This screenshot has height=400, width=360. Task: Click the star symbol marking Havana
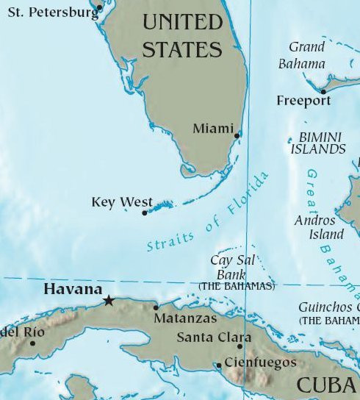point(109,300)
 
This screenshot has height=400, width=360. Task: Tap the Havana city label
point(73,289)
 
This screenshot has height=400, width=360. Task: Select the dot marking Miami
point(237,135)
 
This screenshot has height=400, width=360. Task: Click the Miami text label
point(212,129)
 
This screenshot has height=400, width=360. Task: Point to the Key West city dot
point(145,213)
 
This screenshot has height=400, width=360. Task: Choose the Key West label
point(122,202)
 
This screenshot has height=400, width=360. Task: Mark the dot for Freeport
point(323,92)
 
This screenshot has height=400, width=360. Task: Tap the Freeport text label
point(303,101)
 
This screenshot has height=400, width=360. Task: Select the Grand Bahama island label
point(303,56)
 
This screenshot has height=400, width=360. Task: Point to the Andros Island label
point(319,227)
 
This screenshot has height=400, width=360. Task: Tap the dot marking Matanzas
point(156,307)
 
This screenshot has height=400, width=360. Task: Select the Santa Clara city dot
point(240,346)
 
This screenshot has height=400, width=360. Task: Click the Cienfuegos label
point(260,362)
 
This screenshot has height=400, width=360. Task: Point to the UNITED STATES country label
point(181,35)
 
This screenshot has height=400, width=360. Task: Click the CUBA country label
point(328,385)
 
